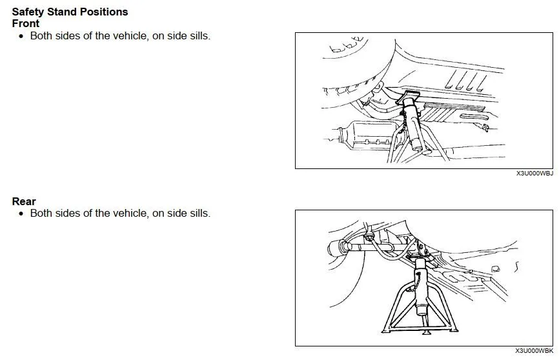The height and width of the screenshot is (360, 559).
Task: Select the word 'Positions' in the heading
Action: (x=103, y=12)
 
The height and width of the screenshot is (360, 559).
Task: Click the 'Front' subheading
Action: (x=26, y=23)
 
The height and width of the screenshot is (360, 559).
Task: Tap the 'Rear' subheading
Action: (x=24, y=201)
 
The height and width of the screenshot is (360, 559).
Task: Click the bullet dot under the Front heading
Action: (x=21, y=36)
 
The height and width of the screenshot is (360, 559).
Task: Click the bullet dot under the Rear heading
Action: (x=21, y=214)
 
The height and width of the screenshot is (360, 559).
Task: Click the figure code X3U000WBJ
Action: (x=534, y=174)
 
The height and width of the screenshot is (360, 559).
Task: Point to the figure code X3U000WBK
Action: (x=534, y=351)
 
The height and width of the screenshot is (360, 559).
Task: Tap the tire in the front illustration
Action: (x=349, y=71)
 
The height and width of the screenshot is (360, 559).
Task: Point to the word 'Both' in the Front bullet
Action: (x=41, y=36)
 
